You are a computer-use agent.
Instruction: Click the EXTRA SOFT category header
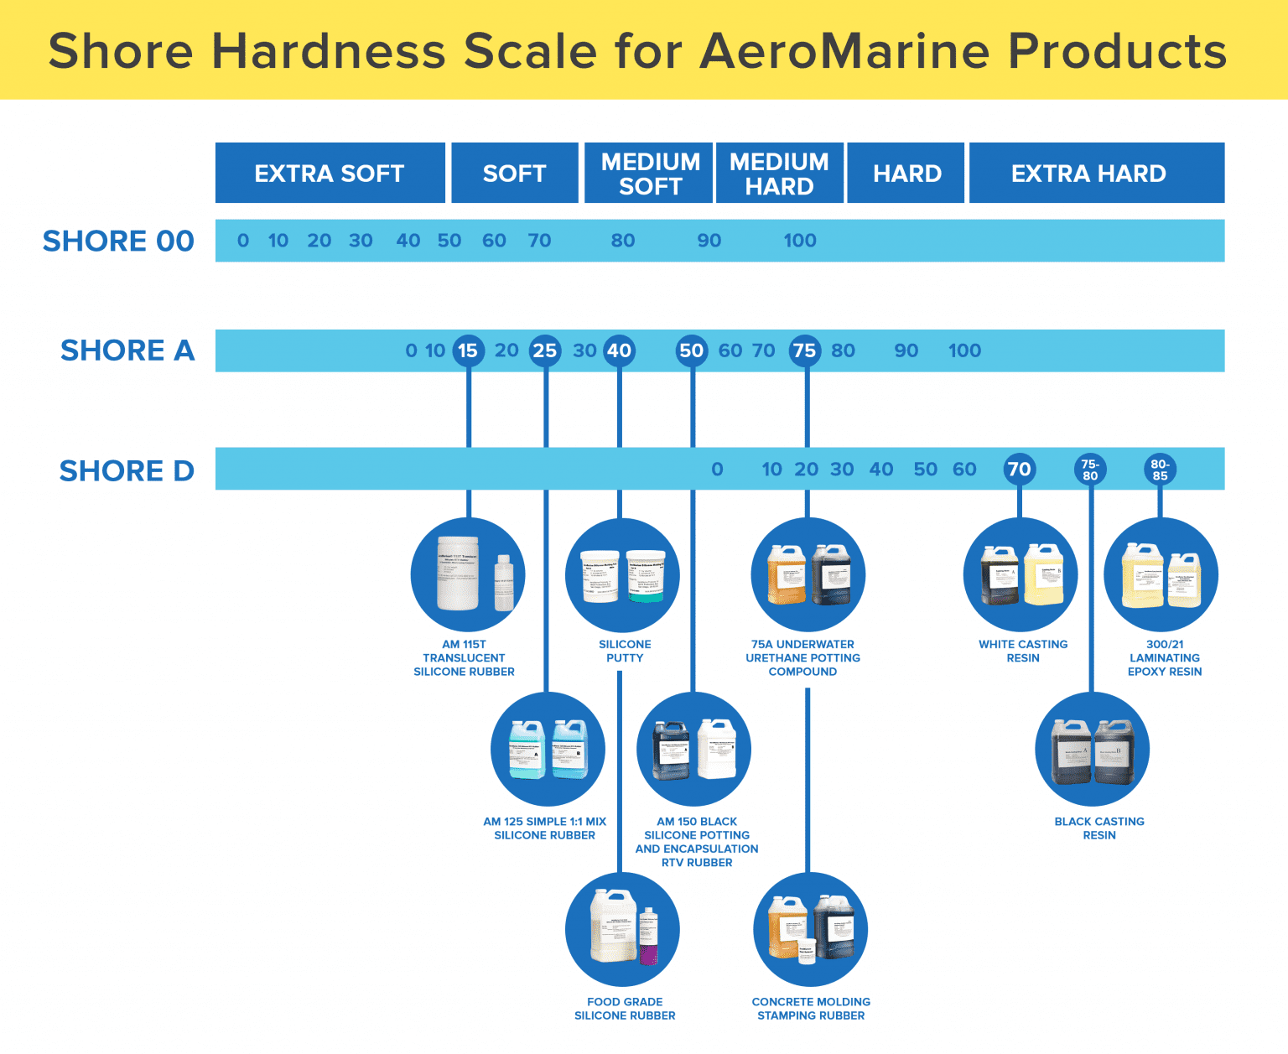330,173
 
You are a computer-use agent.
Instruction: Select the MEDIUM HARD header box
779,173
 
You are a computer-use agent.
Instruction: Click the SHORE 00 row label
118,241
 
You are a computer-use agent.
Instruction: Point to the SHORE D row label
127,470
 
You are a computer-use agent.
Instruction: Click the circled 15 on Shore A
468,350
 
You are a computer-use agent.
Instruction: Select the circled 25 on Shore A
545,350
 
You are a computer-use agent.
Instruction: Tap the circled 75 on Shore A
805,350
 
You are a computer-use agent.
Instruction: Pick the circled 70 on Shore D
1019,469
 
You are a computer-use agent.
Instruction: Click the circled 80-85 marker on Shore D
1160,470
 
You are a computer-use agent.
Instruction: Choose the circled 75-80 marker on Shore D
1090,470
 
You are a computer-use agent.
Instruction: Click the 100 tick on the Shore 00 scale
799,241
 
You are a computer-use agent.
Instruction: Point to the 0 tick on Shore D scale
717,470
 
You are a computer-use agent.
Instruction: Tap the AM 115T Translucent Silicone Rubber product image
468,574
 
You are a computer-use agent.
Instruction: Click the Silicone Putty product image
623,574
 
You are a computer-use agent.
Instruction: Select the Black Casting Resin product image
1092,749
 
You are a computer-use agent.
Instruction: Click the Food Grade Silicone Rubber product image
622,929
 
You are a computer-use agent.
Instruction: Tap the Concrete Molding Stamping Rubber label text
811,1009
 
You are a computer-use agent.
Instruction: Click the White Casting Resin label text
1023,651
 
